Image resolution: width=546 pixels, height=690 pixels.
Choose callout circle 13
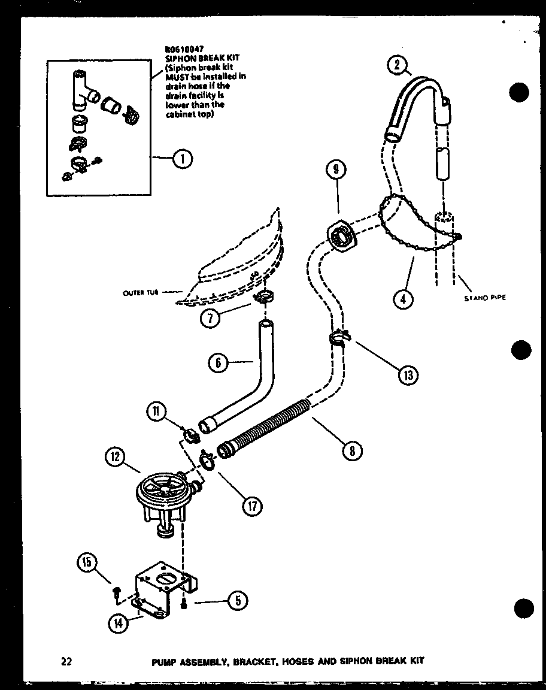point(409,374)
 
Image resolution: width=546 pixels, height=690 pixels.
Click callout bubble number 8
point(351,450)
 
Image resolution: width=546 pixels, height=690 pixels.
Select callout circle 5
point(237,600)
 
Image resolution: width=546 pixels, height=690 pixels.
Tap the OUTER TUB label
point(141,293)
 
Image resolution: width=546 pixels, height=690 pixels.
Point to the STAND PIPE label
point(485,297)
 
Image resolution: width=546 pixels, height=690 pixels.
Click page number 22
point(66,661)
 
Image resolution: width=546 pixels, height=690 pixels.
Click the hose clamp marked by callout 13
point(339,340)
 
